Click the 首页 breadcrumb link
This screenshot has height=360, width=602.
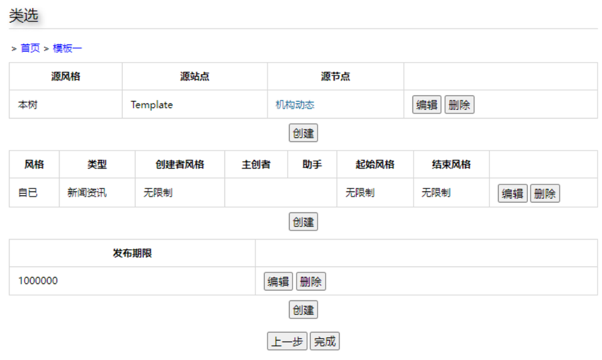(30, 48)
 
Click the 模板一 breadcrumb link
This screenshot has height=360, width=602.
(67, 48)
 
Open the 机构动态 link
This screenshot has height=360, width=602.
(295, 105)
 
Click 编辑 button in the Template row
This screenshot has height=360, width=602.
(427, 105)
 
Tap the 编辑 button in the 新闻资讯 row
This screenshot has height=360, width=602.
(512, 193)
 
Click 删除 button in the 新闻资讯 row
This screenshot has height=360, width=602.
(545, 193)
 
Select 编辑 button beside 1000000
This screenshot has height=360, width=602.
(278, 281)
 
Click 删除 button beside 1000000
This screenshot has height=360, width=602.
(311, 281)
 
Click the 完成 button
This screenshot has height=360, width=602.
(324, 341)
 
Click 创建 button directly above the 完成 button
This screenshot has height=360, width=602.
(303, 310)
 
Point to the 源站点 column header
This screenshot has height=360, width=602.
(194, 76)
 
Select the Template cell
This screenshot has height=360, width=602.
(152, 105)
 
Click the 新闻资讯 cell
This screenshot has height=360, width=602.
(87, 193)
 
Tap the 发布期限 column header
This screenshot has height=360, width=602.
(132, 253)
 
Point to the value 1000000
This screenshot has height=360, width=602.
(38, 281)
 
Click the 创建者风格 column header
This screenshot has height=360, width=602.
(179, 164)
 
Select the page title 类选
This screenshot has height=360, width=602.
(23, 16)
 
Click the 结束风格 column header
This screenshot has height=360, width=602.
(451, 164)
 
